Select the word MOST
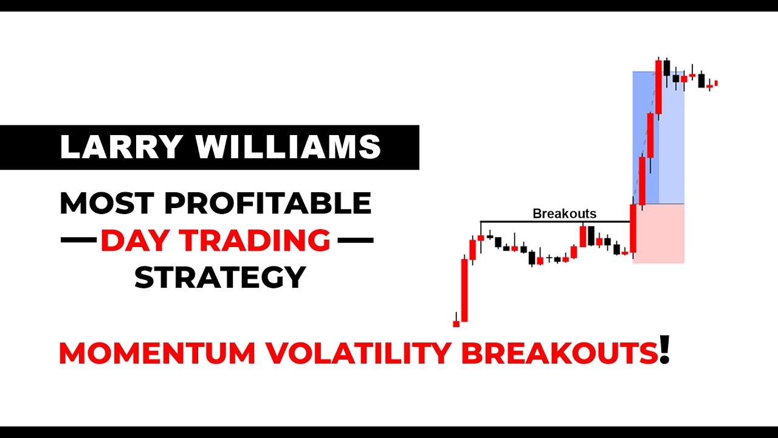105,203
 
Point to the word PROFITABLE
267,203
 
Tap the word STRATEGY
219,278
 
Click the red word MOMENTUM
157,354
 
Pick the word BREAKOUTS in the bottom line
560,354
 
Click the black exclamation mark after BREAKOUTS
664,351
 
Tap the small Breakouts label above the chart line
564,214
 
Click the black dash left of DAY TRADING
78,241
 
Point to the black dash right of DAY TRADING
355,241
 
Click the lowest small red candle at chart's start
456,324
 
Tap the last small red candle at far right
716,83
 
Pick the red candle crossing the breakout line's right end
633,229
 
